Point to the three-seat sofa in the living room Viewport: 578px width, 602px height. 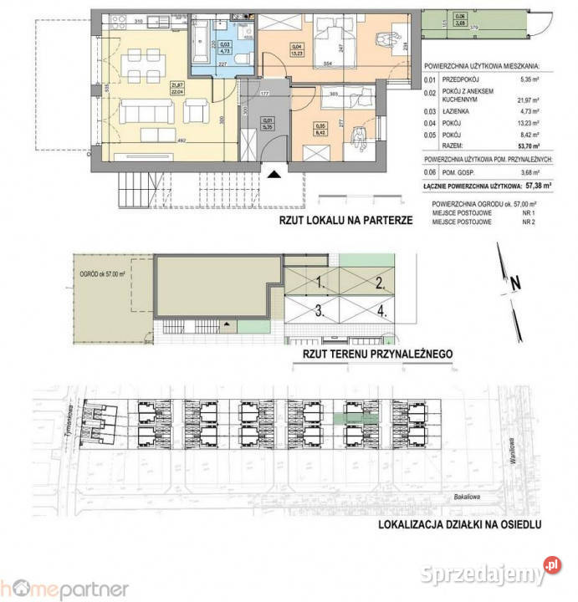tap(144, 113)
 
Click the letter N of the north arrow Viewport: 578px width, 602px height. tap(516, 283)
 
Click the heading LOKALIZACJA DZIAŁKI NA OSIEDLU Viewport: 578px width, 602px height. tap(459, 525)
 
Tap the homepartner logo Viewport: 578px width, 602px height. tap(64, 588)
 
